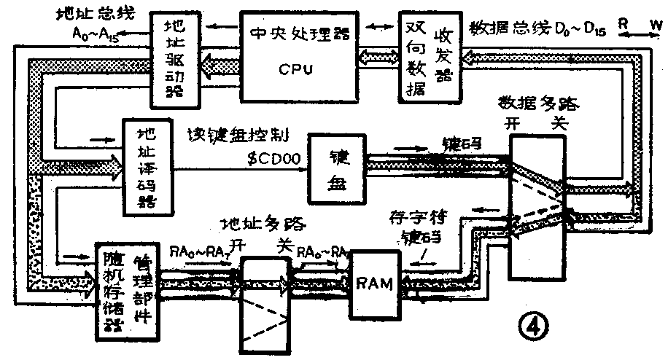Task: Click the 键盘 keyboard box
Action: point(338,168)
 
